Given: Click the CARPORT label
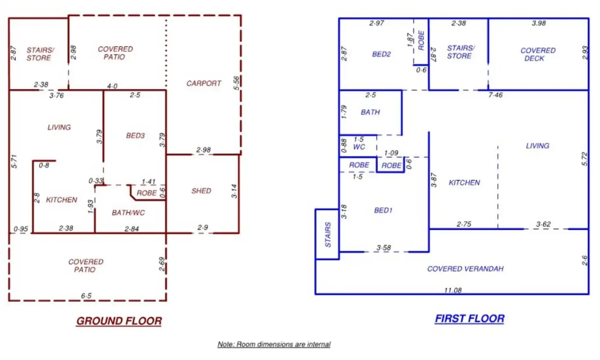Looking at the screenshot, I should (x=203, y=83).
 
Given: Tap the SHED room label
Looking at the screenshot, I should (x=201, y=191).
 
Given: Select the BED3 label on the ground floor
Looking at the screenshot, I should (x=135, y=135).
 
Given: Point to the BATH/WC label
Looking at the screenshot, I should (x=128, y=212).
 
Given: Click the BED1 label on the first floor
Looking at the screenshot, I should (x=383, y=210).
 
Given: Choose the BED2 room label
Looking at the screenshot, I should (x=381, y=54).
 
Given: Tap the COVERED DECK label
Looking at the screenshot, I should (x=538, y=54).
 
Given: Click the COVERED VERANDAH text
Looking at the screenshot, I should (x=465, y=269).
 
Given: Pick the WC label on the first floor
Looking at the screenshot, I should (x=359, y=147).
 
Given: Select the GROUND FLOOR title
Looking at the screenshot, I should (x=119, y=321).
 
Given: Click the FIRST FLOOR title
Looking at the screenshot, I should (x=470, y=319).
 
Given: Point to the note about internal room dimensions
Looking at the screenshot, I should (x=274, y=345).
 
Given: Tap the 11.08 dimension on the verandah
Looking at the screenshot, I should (x=453, y=290).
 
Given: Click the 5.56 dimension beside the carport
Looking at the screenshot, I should (x=236, y=83).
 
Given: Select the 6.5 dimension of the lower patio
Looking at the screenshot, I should (x=86, y=296).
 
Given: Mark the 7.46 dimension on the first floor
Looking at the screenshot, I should (x=495, y=95).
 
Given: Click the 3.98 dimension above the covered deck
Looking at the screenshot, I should (x=538, y=23).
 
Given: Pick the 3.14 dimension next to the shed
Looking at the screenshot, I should (x=234, y=191).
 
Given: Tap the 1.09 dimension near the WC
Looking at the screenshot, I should (x=391, y=153).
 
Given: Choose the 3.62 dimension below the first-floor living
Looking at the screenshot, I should (x=543, y=224).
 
